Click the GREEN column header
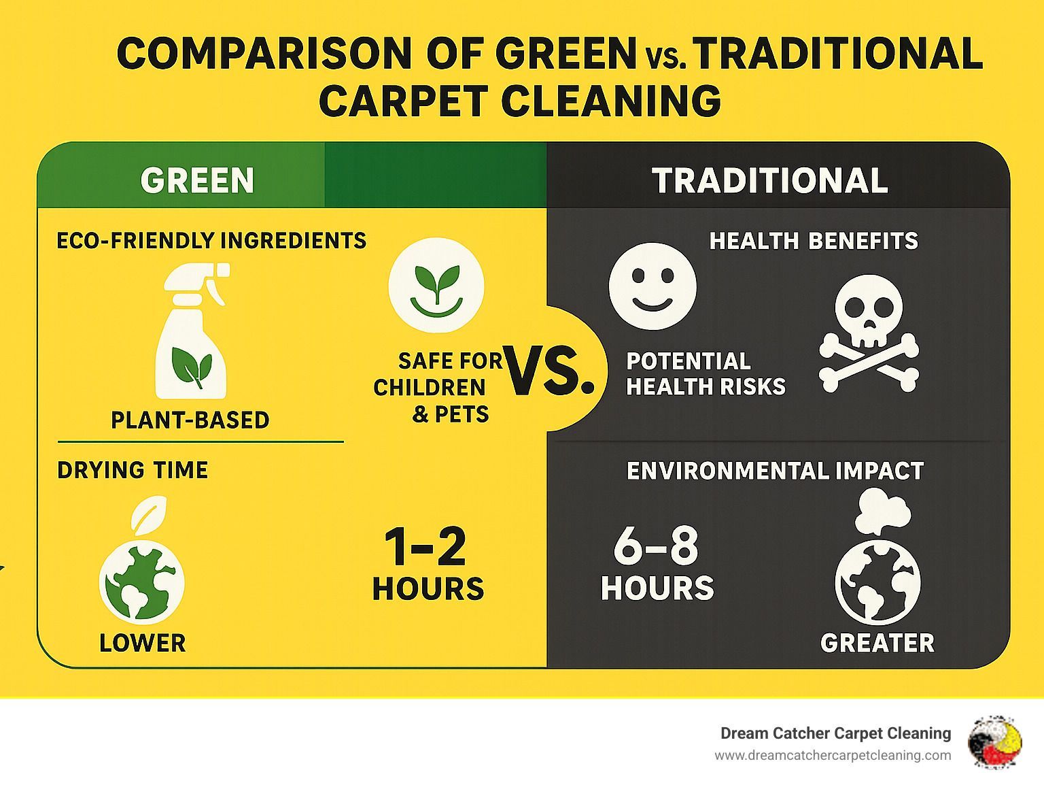[x=197, y=180]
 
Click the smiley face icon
[x=652, y=286]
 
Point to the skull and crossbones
[x=869, y=334]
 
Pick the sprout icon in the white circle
[x=436, y=286]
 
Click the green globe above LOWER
[x=142, y=582]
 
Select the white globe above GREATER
[x=877, y=582]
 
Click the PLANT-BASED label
[x=190, y=420]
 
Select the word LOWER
[x=142, y=643]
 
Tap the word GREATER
[x=877, y=643]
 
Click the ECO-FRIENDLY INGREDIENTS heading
[x=211, y=240]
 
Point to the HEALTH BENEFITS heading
[x=814, y=241]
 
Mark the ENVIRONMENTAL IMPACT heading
[x=776, y=471]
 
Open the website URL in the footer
[x=833, y=756]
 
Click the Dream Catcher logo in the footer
[x=995, y=742]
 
